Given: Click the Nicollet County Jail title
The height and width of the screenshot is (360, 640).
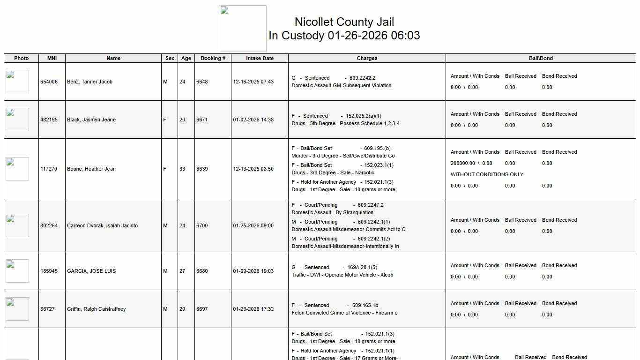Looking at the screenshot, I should pyautogui.click(x=344, y=22).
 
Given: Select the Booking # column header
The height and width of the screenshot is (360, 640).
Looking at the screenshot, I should pyautogui.click(x=213, y=58).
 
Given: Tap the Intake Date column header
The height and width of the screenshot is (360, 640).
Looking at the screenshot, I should pyautogui.click(x=260, y=58).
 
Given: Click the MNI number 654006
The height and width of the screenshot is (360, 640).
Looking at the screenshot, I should pyautogui.click(x=49, y=82).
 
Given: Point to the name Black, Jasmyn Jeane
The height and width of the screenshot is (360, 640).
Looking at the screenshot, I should pyautogui.click(x=91, y=120).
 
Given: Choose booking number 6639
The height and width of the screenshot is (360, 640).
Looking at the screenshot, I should pyautogui.click(x=202, y=169).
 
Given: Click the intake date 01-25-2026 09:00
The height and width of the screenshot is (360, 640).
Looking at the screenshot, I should pyautogui.click(x=253, y=225).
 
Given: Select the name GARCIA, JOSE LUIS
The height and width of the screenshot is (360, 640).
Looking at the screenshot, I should pyautogui.click(x=91, y=271).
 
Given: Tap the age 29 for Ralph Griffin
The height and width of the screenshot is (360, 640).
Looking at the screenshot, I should pyautogui.click(x=182, y=309).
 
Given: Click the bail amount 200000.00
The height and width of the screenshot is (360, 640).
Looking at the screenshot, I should pyautogui.click(x=462, y=163).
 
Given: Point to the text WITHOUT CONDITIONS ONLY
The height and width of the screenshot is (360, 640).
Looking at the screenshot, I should pyautogui.click(x=487, y=174).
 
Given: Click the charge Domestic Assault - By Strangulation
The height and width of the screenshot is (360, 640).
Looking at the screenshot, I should pyautogui.click(x=332, y=212).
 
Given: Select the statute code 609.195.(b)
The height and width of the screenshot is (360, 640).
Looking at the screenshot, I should pyautogui.click(x=377, y=148).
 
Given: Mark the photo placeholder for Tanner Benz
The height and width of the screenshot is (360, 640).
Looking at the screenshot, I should pyautogui.click(x=17, y=82).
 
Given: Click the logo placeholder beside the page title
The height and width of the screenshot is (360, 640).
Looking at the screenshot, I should pyautogui.click(x=243, y=29).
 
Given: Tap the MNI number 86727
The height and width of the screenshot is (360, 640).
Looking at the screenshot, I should pyautogui.click(x=48, y=309).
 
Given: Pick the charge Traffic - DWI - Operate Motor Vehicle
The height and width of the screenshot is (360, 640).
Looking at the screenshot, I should pyautogui.click(x=342, y=275).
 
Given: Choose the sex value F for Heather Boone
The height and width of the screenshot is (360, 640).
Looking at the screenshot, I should pyautogui.click(x=164, y=169).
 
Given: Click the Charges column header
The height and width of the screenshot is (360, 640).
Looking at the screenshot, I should pyautogui.click(x=367, y=58).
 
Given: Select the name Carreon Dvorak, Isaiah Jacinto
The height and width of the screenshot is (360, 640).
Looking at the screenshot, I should pyautogui.click(x=102, y=225).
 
